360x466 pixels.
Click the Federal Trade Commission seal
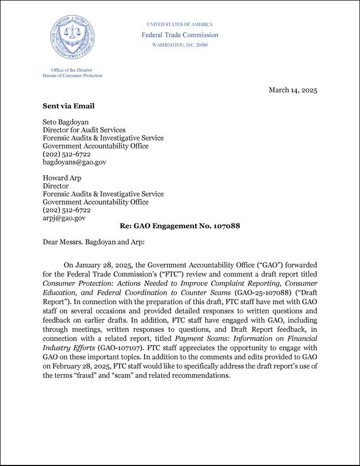coord(73,37)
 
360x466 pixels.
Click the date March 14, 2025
coord(292,90)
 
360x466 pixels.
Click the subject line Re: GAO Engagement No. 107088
coord(179,226)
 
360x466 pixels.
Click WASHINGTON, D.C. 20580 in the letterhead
coord(179,45)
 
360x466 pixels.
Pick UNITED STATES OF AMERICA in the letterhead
coord(179,24)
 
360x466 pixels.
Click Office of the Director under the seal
coord(72,70)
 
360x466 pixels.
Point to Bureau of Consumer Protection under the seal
coord(72,75)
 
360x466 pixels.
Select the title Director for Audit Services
coord(84,130)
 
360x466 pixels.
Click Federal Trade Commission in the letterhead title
coord(180,35)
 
